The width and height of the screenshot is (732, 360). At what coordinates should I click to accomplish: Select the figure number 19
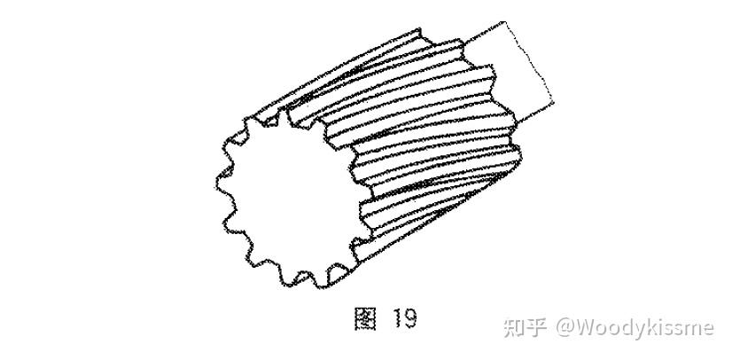click(x=402, y=318)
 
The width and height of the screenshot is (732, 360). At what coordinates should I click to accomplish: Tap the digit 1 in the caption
click(x=394, y=318)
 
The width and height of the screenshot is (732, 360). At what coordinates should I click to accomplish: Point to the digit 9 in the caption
click(x=409, y=318)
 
